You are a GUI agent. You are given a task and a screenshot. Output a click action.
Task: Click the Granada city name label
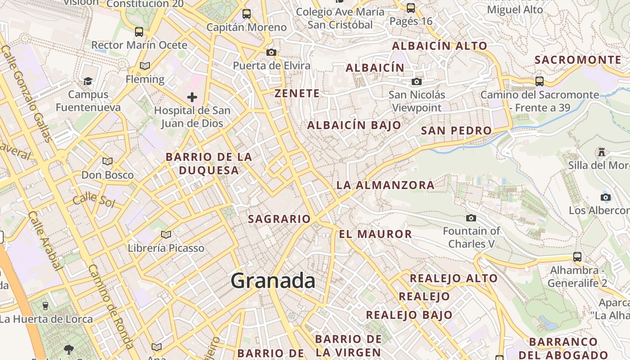point(273,281)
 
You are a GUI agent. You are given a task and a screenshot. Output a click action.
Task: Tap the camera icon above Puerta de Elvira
point(271,52)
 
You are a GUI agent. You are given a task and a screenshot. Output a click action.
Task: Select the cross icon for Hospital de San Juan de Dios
point(192,97)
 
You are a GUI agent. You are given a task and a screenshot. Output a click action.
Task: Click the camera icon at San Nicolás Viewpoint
point(417,81)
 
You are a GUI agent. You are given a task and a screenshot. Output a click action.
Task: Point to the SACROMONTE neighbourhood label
point(578,60)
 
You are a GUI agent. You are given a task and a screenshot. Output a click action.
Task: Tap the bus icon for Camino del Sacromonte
point(539,81)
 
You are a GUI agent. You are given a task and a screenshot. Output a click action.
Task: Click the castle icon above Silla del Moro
point(602,152)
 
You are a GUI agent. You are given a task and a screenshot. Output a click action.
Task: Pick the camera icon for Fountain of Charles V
point(471,218)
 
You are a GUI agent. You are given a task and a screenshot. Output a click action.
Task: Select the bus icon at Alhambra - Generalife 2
point(577,257)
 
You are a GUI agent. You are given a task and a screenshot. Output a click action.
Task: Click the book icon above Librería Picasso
point(166,234)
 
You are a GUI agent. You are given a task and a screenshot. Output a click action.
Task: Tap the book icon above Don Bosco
point(108,161)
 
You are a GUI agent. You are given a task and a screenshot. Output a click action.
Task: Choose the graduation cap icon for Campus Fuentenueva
point(88,81)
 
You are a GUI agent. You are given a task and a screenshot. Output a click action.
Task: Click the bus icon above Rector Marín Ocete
point(139,32)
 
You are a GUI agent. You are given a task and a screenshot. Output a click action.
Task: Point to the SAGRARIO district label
point(279,219)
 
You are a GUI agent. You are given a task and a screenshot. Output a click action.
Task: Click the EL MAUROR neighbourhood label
point(375,234)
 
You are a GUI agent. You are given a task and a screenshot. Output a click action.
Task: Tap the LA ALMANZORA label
point(386,185)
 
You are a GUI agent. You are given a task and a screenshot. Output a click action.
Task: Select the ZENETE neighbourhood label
point(297,94)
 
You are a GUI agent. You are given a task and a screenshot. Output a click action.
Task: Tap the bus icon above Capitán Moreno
point(246,14)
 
